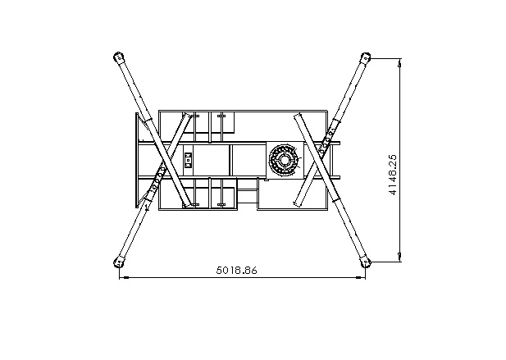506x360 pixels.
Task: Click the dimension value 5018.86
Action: pos(236,270)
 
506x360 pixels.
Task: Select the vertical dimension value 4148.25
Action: pos(393,175)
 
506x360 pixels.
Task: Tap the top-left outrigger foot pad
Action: pos(118,57)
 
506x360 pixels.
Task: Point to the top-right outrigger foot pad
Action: pos(365,58)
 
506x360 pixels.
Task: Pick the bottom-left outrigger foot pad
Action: pos(119,262)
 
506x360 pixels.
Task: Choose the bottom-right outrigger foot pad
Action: pos(365,262)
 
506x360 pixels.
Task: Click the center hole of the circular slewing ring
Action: pos(284,160)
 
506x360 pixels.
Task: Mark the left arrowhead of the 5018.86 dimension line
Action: pos(124,277)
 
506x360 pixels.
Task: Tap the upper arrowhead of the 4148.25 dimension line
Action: pos(400,63)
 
